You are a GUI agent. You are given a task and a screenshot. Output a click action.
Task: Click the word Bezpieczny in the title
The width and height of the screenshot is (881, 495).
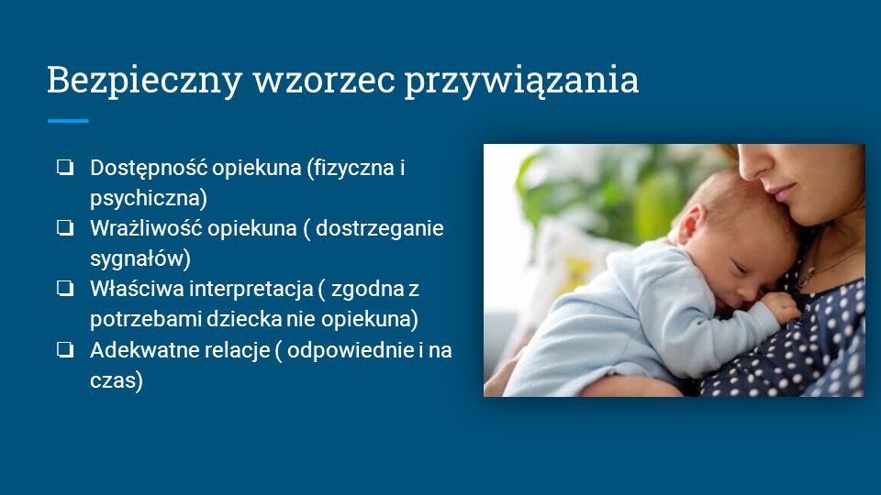coord(144,81)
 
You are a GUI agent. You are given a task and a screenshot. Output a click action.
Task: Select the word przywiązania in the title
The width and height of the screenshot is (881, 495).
coord(522,82)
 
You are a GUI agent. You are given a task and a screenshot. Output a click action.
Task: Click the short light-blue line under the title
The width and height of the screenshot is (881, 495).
coord(68,121)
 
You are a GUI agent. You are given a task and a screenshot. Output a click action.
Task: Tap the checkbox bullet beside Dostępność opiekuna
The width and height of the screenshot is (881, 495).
coord(65,167)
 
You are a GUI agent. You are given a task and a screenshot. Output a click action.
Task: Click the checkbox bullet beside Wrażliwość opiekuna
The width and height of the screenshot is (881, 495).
coord(65,228)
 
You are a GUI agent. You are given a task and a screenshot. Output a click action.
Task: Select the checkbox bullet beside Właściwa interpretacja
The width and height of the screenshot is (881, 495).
coord(65,289)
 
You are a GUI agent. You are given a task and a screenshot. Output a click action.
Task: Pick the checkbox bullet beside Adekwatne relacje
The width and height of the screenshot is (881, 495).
coord(65,349)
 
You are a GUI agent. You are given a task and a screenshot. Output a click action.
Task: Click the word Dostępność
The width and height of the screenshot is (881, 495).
coord(149,169)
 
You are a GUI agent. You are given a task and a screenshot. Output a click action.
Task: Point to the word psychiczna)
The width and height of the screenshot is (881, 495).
coord(149,198)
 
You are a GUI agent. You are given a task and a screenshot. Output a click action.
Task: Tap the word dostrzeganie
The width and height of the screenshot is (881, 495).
coord(379,229)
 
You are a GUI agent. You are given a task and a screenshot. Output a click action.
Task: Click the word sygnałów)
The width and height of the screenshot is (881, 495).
coord(140,258)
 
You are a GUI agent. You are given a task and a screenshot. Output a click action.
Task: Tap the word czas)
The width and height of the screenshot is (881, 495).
coord(117,380)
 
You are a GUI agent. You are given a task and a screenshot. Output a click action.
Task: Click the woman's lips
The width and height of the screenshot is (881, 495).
coord(782,193)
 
